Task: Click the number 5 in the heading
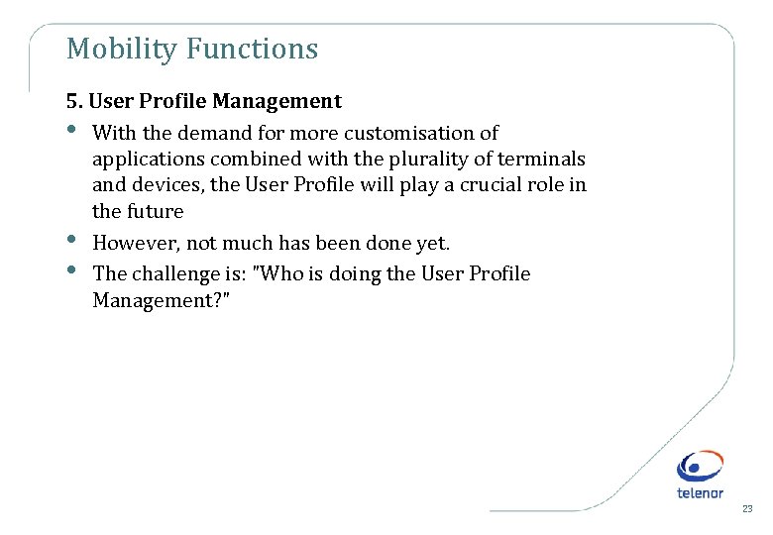coord(71,101)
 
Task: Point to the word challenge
coord(172,273)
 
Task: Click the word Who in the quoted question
coord(277,273)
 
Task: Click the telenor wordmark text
coord(700,492)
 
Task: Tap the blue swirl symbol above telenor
coord(700,466)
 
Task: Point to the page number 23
coord(747,508)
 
